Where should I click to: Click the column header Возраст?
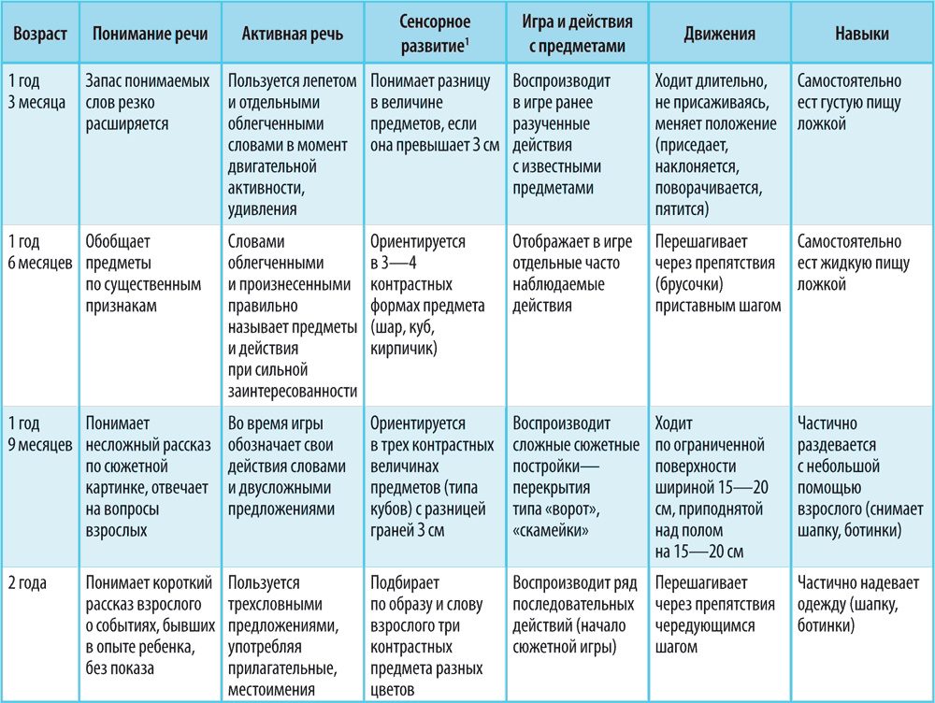click(39, 34)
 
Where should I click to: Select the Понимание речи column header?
click(150, 34)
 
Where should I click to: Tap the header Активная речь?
click(292, 34)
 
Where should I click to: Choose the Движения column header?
click(719, 34)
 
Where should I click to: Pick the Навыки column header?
click(861, 34)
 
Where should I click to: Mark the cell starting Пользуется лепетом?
click(292, 145)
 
